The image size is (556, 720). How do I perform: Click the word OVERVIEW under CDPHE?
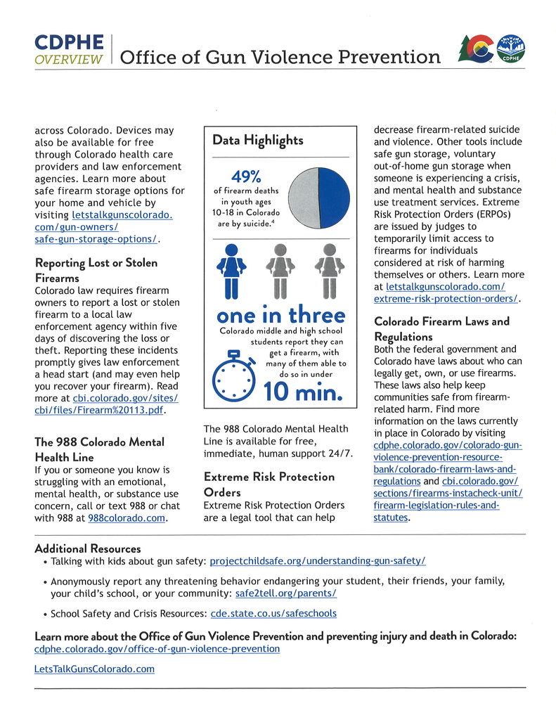point(69,59)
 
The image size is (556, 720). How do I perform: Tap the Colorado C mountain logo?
point(474,49)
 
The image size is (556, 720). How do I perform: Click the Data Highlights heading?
point(258,140)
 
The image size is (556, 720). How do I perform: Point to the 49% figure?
point(246,176)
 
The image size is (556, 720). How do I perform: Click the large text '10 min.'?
point(303,390)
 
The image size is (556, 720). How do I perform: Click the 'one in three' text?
point(281,314)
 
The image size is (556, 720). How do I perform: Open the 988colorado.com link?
point(127,518)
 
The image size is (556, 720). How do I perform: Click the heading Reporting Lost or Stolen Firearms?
point(96,270)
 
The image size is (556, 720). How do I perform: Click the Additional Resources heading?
point(87,548)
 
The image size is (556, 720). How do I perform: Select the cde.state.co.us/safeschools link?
point(273,613)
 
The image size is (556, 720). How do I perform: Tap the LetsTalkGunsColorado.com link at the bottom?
point(94,669)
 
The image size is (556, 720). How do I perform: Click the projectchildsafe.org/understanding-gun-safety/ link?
point(318,561)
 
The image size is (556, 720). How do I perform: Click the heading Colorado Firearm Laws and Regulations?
point(442,329)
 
